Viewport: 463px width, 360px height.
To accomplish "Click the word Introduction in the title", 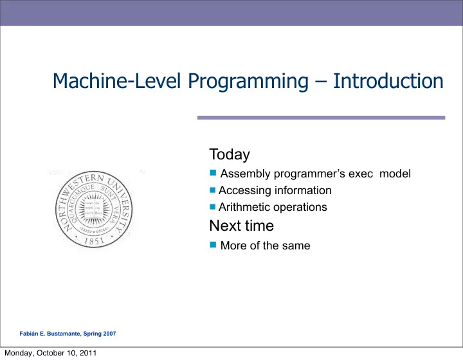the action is (x=388, y=81).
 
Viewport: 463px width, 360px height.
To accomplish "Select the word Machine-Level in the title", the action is (x=116, y=81).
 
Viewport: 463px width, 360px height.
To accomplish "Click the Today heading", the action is (x=230, y=155).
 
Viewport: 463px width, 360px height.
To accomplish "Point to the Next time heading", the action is (x=242, y=226).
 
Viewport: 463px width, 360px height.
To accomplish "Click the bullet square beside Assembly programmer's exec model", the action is (x=213, y=173).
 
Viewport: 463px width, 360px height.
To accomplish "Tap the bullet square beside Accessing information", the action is (x=213, y=190).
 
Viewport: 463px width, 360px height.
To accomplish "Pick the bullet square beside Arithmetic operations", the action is (x=213, y=206).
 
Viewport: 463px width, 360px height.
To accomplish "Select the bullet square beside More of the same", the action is (x=213, y=245).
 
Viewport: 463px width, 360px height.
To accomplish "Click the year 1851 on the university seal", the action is (x=94, y=241).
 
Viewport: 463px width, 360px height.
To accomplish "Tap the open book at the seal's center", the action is (x=94, y=209).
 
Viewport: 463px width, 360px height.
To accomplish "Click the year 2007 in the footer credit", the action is (x=109, y=334).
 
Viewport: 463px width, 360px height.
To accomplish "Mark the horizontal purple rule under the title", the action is (x=322, y=118).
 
